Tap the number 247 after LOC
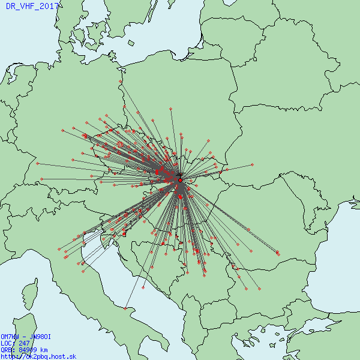tap(24, 344)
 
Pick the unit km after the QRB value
tap(44, 350)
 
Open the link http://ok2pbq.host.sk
tap(38, 356)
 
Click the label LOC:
tap(8, 344)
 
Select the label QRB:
tap(8, 350)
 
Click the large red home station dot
tap(180, 180)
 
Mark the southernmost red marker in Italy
tap(125, 308)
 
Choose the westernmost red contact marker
tap(37, 163)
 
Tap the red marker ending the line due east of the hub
tap(252, 164)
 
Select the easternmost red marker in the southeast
tap(278, 253)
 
